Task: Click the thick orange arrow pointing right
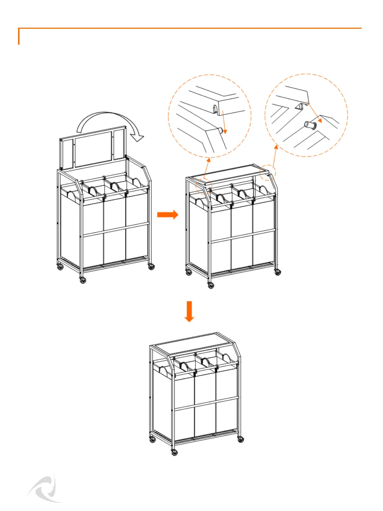167,214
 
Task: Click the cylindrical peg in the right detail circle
310,125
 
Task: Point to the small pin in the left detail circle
221,130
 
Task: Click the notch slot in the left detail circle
215,108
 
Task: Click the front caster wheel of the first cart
83,280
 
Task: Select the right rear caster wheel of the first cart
151,266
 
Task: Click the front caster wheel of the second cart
211,285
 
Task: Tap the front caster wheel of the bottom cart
174,452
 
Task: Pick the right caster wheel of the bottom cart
241,439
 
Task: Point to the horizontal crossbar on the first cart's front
115,229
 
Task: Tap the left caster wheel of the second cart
189,272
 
